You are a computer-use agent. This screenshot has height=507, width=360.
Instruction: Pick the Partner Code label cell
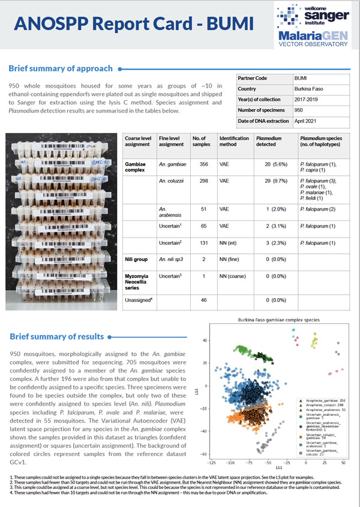(x=259, y=77)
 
